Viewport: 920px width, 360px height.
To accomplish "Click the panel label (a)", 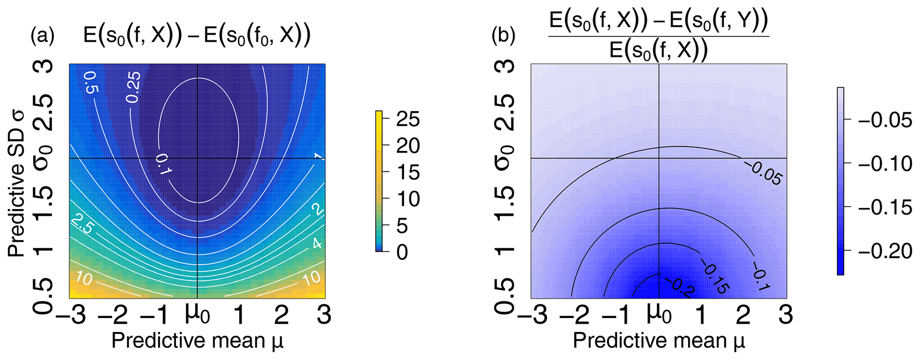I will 42,36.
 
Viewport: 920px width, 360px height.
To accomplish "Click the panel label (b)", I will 503,36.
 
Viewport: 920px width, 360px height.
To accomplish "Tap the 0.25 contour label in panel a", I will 133,87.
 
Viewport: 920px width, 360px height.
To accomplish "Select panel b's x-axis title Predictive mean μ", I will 659,341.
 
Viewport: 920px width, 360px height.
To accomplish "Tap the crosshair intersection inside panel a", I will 197,158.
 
